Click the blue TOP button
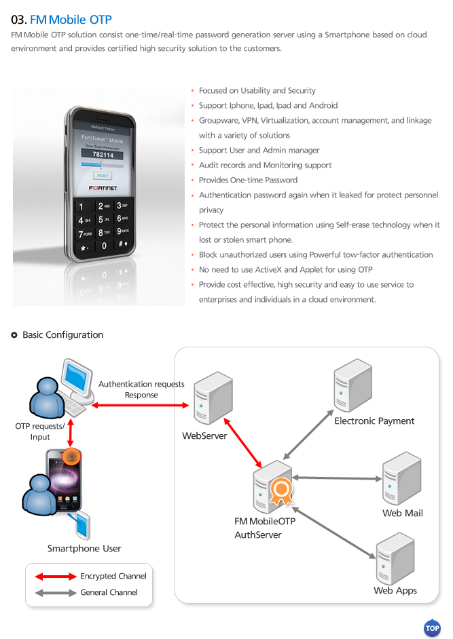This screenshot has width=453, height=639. (x=432, y=627)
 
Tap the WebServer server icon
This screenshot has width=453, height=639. (x=213, y=398)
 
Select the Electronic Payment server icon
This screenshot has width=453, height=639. (x=352, y=385)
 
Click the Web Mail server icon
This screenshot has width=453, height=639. (x=401, y=478)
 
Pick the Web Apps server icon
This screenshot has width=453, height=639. (x=395, y=558)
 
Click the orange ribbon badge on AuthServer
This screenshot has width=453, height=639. (x=282, y=490)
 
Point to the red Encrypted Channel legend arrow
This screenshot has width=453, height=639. (x=56, y=576)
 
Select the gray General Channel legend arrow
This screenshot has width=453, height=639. (x=56, y=593)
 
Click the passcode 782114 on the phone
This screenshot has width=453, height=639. (x=103, y=155)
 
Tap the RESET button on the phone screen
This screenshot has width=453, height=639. (x=103, y=176)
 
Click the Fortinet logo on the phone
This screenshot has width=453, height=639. (x=103, y=188)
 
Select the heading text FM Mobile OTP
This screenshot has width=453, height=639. (x=71, y=20)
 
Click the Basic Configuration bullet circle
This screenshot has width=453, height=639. (x=14, y=335)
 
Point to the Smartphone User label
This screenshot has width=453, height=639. (x=84, y=549)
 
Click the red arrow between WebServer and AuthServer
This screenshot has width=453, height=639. (x=243, y=442)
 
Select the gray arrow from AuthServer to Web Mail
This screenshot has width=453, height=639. (x=337, y=478)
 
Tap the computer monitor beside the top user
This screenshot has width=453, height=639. (x=78, y=379)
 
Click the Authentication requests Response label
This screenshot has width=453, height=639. (x=141, y=389)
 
